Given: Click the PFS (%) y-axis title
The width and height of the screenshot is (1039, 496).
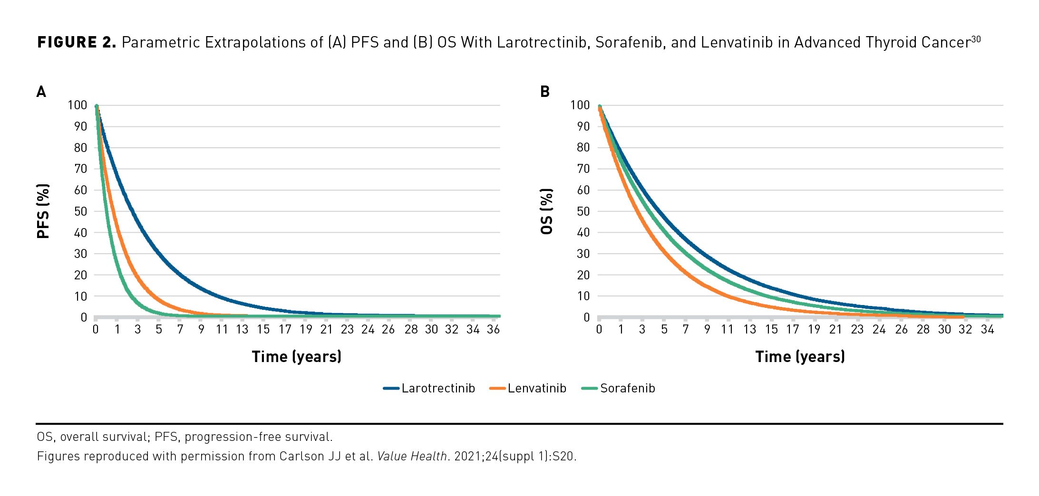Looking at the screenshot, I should (x=43, y=211).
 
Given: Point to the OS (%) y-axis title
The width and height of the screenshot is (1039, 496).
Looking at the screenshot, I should (x=547, y=211).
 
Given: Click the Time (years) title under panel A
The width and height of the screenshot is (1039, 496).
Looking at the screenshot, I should (x=296, y=356).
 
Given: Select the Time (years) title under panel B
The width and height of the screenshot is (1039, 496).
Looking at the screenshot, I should (x=800, y=356).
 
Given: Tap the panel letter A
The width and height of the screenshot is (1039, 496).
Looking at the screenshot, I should (x=41, y=92).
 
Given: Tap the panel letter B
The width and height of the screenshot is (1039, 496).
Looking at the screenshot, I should (x=545, y=92).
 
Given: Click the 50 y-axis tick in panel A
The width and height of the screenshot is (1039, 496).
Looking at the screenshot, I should (x=80, y=211).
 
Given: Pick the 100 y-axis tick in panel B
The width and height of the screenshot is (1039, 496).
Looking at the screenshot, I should (x=580, y=105).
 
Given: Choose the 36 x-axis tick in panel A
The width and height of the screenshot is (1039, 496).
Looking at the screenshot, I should (x=493, y=329).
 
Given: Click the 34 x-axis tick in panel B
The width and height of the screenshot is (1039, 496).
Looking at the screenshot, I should (x=987, y=329).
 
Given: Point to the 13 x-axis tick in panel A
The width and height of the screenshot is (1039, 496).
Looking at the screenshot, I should (x=242, y=329).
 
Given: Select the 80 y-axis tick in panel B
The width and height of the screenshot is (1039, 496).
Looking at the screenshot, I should (x=583, y=147).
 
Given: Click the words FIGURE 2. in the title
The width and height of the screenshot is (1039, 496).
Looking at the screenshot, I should (x=77, y=42).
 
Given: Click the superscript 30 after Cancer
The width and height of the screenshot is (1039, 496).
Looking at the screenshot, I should (x=975, y=39).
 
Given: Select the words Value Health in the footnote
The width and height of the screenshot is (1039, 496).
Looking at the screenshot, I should (x=412, y=456).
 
